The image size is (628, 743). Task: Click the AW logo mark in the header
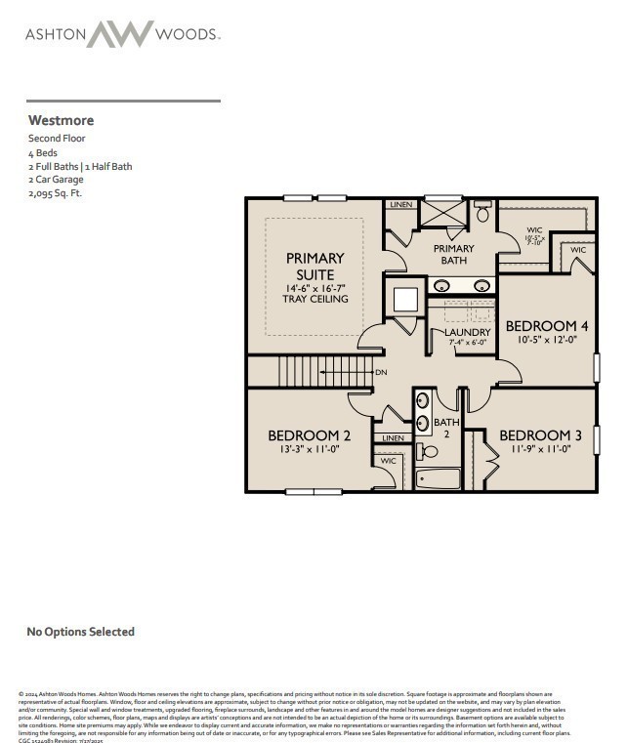point(120,34)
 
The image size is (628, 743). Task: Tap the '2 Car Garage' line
point(56,180)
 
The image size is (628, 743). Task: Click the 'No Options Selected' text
point(80,632)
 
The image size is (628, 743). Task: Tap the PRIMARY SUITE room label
point(314,267)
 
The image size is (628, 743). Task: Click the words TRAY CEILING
point(314,300)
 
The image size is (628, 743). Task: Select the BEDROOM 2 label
point(309,435)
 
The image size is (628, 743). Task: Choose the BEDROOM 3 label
point(534,435)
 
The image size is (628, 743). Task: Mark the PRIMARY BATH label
point(454,254)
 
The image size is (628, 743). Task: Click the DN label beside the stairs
point(382,373)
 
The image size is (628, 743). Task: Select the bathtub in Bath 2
point(438,479)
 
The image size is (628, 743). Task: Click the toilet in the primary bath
point(481,212)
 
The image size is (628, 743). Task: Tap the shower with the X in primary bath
point(441,213)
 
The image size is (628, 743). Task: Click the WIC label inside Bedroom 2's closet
point(388,460)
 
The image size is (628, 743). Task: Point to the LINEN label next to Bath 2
point(393,438)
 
